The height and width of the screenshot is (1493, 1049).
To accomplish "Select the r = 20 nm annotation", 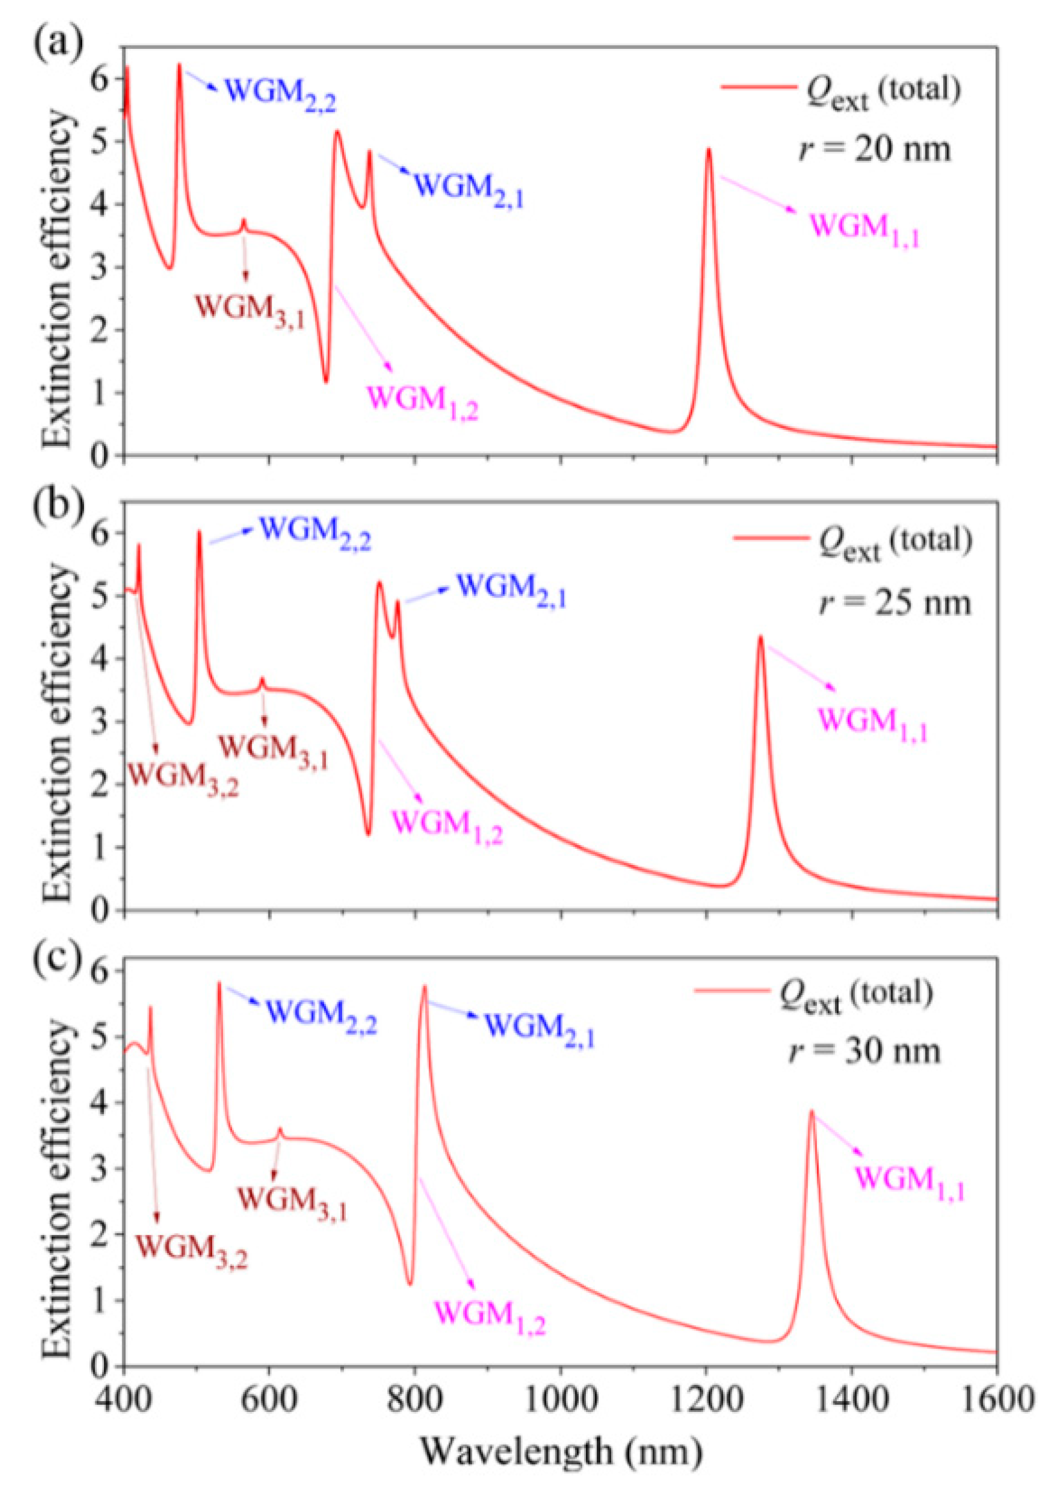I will (874, 149).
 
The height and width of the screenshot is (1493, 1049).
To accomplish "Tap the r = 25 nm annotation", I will (894, 603).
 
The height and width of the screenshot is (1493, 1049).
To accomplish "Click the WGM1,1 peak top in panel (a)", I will (709, 149).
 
